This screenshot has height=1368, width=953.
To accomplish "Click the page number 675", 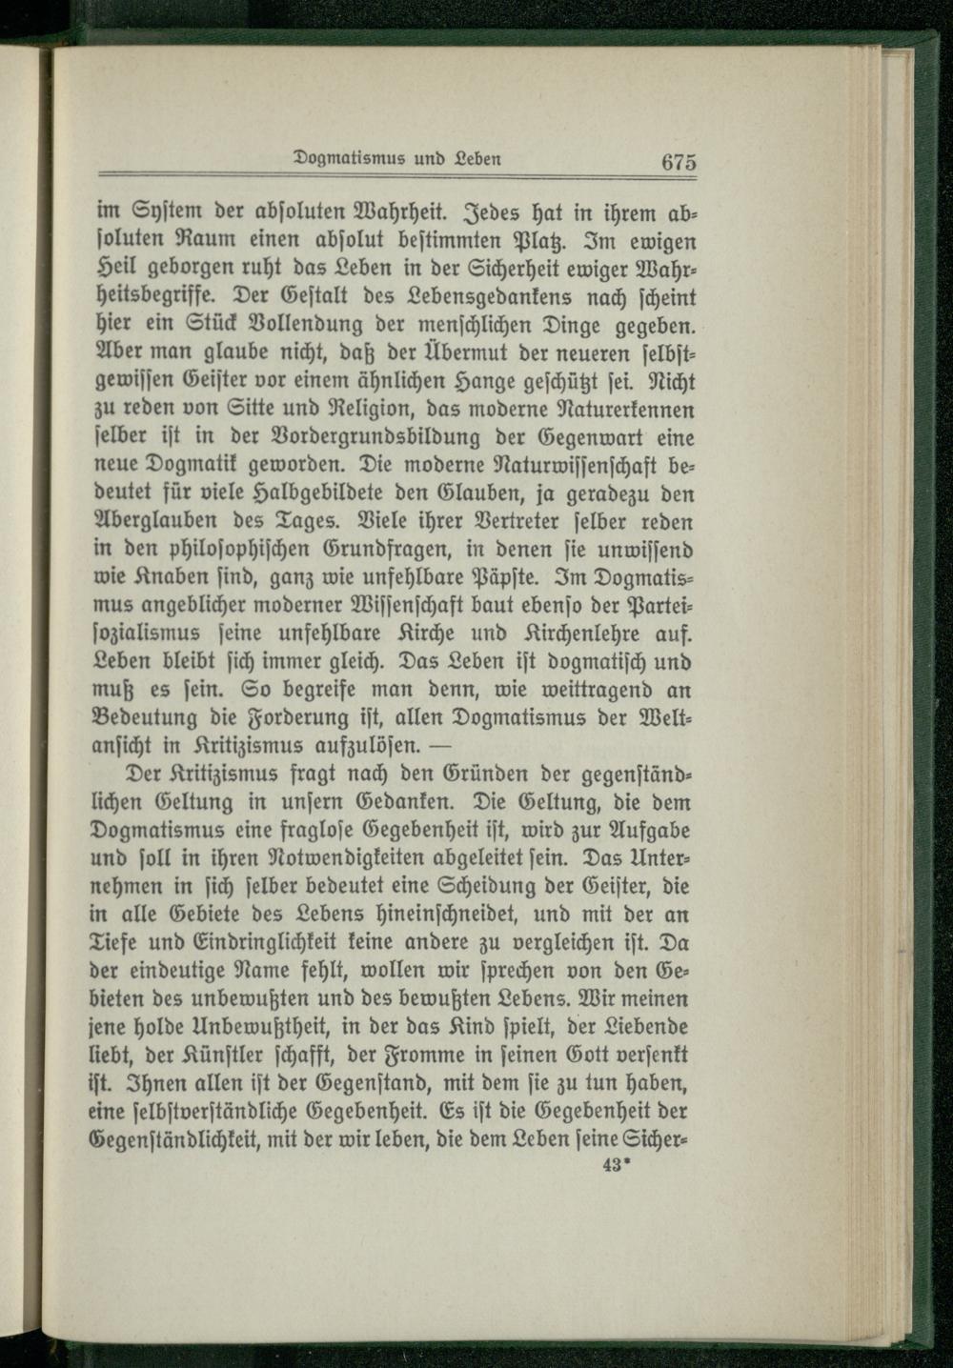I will tap(679, 162).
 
